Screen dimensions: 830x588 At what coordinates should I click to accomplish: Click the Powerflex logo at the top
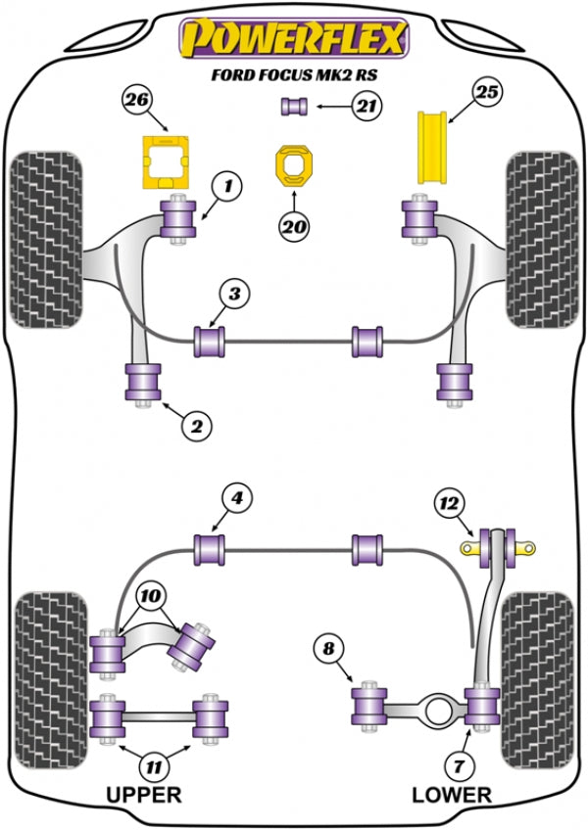tap(291, 39)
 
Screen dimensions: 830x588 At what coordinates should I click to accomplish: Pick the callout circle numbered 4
tap(236, 498)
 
